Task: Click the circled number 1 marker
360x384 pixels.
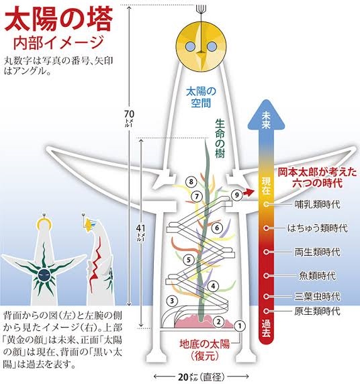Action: pos(239,326)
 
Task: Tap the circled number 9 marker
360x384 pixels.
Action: pos(236,195)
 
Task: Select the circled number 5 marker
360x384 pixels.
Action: pos(189,260)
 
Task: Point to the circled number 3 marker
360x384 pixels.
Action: pos(172,301)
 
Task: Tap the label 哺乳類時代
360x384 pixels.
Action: pos(317,204)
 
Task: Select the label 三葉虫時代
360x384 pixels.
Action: pos(317,297)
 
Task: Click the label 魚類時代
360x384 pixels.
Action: pos(317,276)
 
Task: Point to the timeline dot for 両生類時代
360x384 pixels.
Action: pos(266,252)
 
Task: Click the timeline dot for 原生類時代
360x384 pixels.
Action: pos(266,311)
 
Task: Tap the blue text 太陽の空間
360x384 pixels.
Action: pos(201,97)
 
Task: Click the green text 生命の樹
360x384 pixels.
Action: pos(220,138)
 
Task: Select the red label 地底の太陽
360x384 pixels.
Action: pos(204,344)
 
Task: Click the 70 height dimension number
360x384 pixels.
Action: pos(129,114)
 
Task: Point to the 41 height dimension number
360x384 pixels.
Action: pos(140,228)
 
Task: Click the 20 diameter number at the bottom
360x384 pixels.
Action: pos(184,377)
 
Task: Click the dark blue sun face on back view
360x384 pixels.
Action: pos(44,275)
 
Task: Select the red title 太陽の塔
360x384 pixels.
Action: pos(58,19)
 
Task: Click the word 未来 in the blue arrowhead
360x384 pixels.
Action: pos(266,119)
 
